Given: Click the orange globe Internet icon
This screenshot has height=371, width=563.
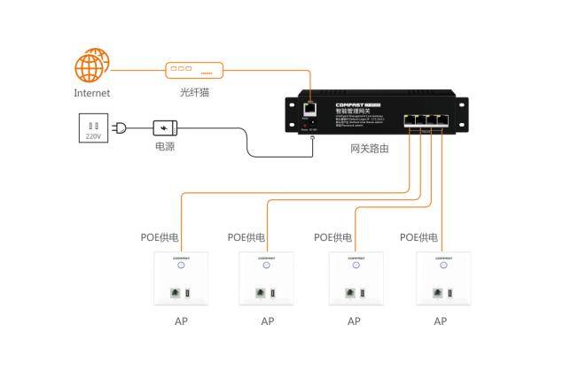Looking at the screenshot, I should pyautogui.click(x=92, y=67).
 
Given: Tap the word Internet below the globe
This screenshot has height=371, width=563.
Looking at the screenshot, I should pyautogui.click(x=92, y=93).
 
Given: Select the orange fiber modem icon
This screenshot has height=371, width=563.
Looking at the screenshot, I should pyautogui.click(x=193, y=68).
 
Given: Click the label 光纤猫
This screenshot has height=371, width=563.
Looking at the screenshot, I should pyautogui.click(x=193, y=92).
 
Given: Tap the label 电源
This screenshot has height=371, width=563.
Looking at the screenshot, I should pyautogui.click(x=165, y=147).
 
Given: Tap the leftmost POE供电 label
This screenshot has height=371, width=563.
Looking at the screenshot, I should pyautogui.click(x=160, y=238).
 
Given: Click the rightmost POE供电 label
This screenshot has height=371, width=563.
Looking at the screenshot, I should pyautogui.click(x=419, y=238).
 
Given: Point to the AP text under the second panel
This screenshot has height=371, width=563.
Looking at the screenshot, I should pyautogui.click(x=268, y=321).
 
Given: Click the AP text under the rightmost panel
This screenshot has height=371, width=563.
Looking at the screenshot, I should pyautogui.click(x=441, y=321).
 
